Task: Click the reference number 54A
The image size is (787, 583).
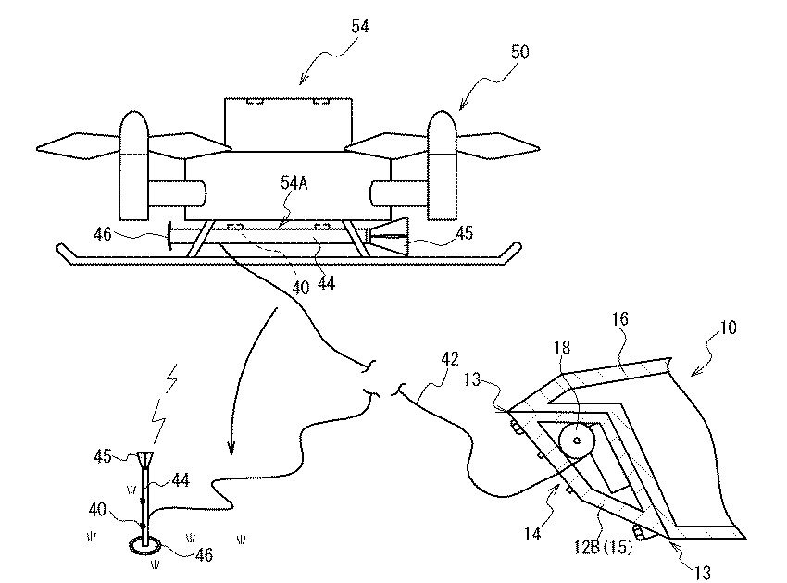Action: pos(294,183)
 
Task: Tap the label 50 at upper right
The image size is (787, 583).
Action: pos(519,52)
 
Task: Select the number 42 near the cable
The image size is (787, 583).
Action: pos(449,359)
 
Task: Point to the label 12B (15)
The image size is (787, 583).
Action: pos(603,547)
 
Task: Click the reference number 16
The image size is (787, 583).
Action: pos(619,319)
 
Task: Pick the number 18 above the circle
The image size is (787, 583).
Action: pos(563,347)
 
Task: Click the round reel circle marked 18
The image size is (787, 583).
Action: pos(577,440)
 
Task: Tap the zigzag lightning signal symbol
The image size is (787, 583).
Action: pos(165,405)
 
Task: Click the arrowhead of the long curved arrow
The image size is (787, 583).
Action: pos(231,448)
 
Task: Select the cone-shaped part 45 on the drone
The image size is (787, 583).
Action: pos(389,237)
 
